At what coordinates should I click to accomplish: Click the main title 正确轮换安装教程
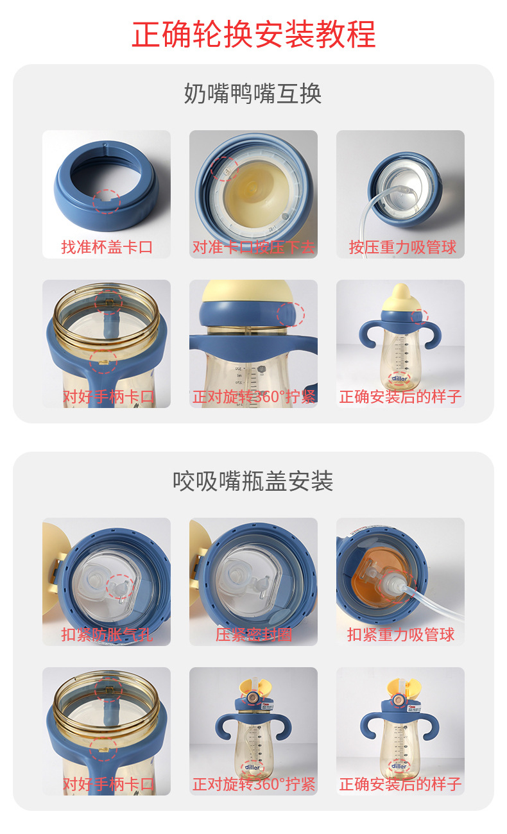pos(253,35)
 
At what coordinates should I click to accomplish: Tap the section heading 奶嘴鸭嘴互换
pos(253,94)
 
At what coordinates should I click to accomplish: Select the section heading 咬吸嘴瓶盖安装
pos(253,481)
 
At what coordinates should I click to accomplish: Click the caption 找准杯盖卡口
pos(107,247)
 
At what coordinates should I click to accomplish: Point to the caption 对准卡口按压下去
pos(253,247)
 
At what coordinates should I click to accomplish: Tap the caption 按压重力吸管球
pos(402,247)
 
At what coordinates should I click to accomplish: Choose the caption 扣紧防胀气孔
pos(107,635)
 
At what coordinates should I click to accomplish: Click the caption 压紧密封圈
pos(253,635)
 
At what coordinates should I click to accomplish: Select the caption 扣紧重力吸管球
pos(401,635)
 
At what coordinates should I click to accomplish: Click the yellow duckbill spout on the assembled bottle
pos(402,297)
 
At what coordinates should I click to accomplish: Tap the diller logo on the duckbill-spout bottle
pos(399,379)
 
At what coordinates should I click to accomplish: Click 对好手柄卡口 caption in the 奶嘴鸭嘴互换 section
pos(108,397)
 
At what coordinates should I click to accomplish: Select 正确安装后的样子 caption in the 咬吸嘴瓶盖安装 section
pos(400,784)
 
